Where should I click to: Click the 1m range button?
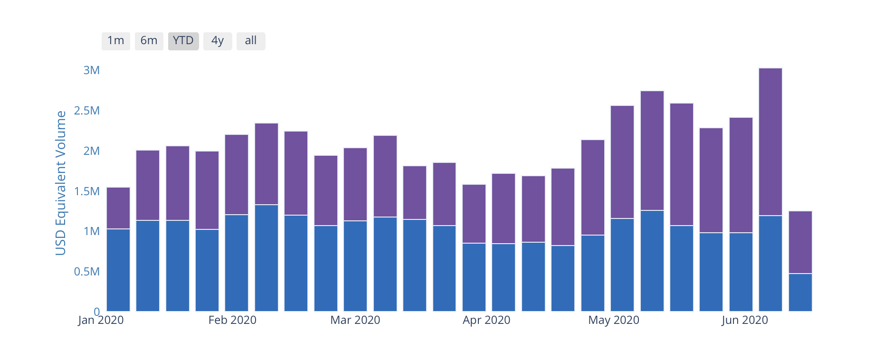coord(115,41)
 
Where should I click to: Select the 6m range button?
coord(149,41)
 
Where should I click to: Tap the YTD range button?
coord(183,41)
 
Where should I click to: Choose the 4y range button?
coord(218,41)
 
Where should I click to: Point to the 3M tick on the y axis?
coord(92,70)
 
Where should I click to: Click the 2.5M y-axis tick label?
coord(87,111)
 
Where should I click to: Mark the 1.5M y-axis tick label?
coord(87,191)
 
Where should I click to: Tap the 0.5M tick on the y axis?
coord(87,272)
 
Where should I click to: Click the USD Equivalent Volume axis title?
coord(61,183)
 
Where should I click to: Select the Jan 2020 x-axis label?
coord(101,320)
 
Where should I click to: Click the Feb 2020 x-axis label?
coord(232,320)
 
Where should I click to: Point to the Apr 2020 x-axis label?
coord(486,320)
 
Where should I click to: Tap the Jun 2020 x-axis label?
coord(744,320)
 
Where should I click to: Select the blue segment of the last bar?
coord(800,292)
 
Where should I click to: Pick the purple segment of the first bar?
coord(118,208)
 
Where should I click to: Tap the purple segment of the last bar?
coord(800,242)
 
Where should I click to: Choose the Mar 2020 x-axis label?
coord(355,320)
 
